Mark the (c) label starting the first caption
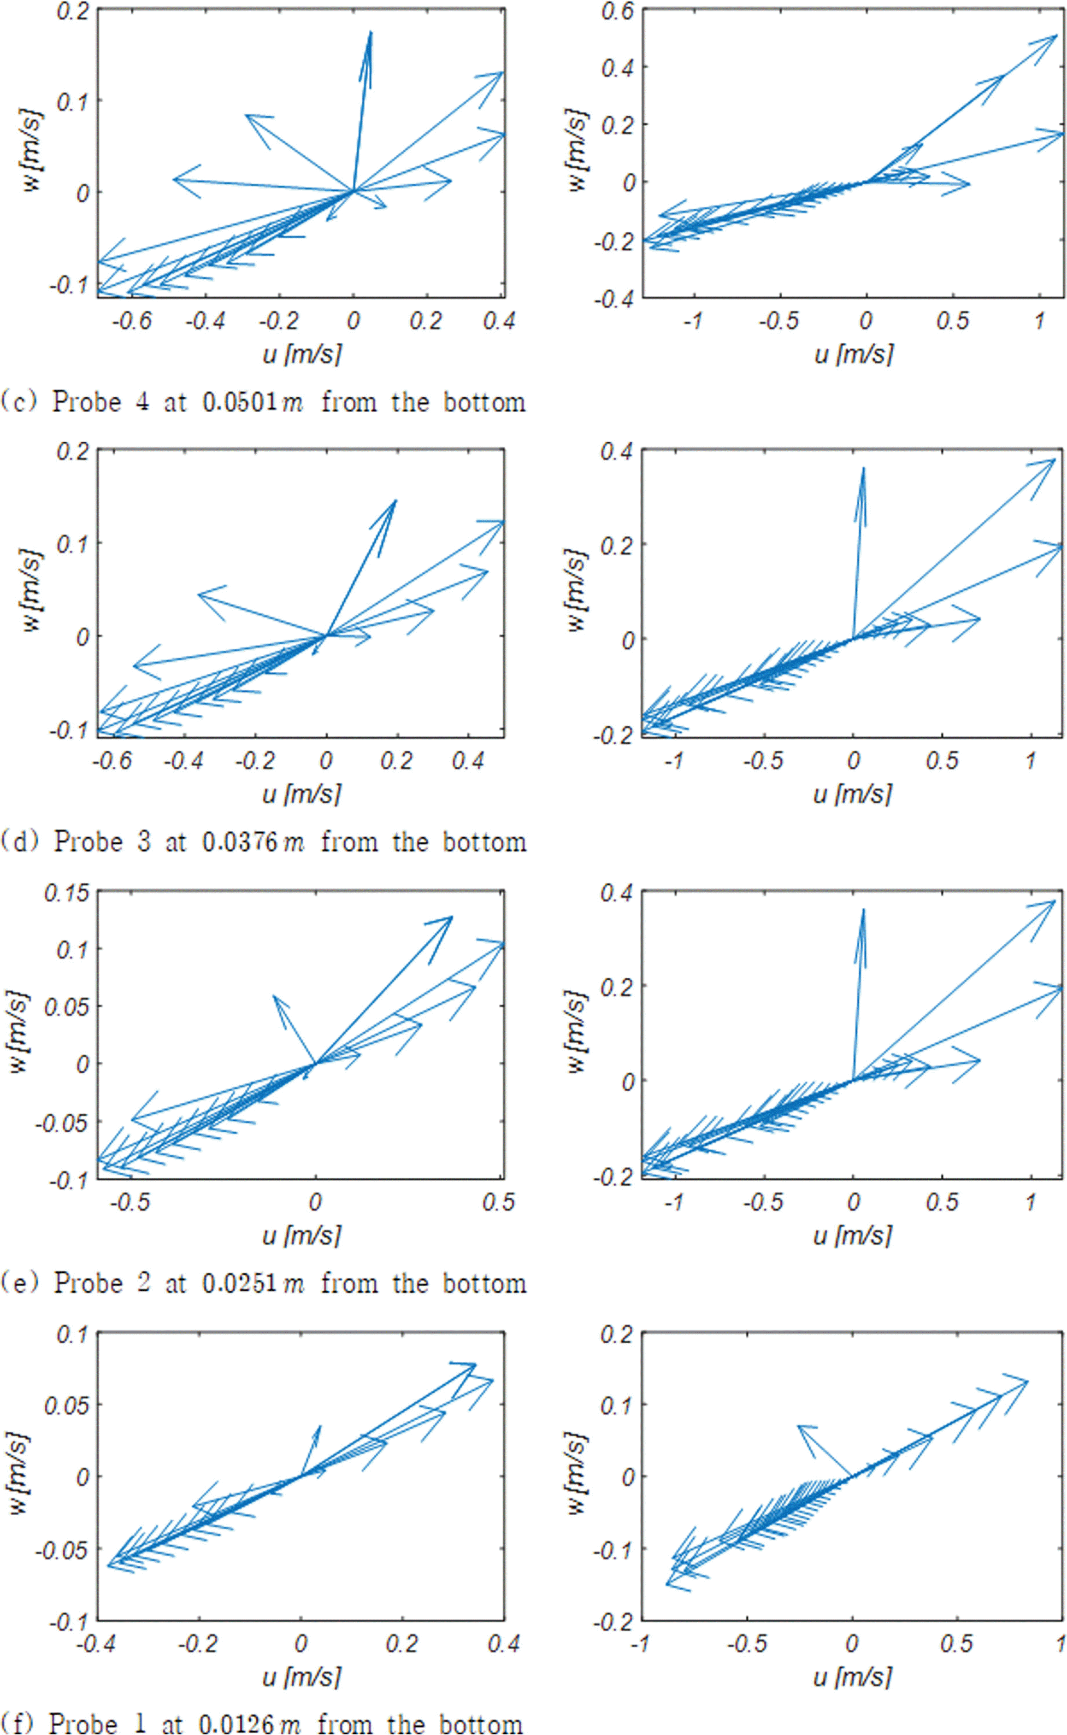pyautogui.click(x=17, y=403)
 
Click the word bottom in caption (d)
pyautogui.click(x=484, y=842)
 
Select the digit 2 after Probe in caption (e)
pyautogui.click(x=144, y=1283)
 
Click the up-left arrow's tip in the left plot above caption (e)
pyautogui.click(x=274, y=995)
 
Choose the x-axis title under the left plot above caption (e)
pyautogui.click(x=301, y=1235)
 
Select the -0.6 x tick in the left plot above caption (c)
pyautogui.click(x=132, y=321)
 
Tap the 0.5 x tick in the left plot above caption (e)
pyautogui.click(x=498, y=1201)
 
